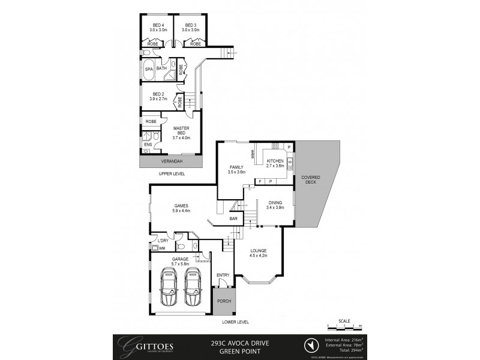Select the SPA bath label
tap(149, 69)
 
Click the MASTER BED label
tap(181, 130)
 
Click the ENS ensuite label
tap(148, 145)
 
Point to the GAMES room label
tap(182, 206)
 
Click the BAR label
tap(233, 219)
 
